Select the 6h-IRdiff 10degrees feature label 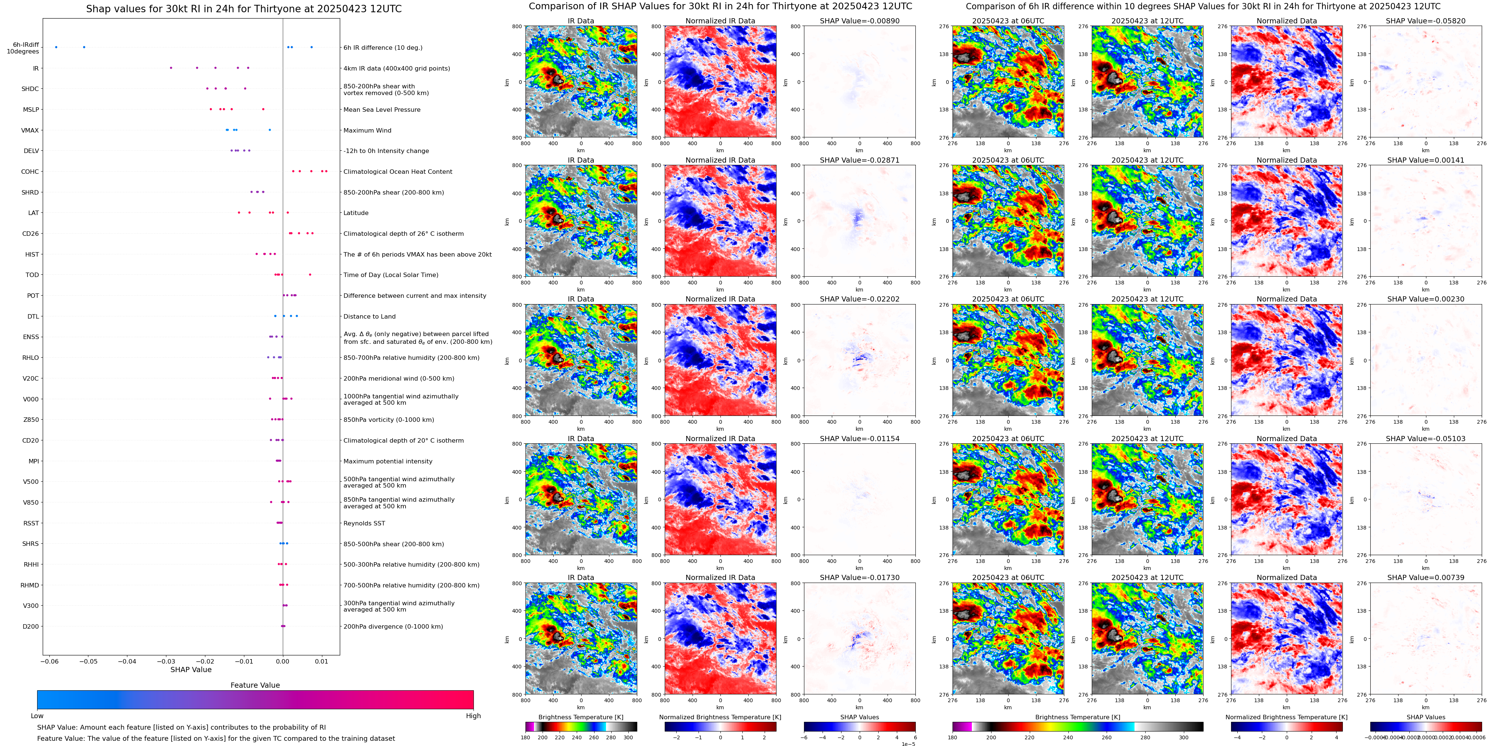pyautogui.click(x=23, y=48)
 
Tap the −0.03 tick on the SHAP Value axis pyautogui.click(x=166, y=661)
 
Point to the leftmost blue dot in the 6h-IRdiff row pyautogui.click(x=56, y=47)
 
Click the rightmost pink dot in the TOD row pyautogui.click(x=310, y=274)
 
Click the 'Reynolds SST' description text pyautogui.click(x=364, y=523)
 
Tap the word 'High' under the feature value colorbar pyautogui.click(x=473, y=716)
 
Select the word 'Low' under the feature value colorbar pyautogui.click(x=37, y=716)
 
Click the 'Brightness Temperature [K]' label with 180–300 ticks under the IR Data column pyautogui.click(x=580, y=717)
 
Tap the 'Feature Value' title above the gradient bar pyautogui.click(x=255, y=685)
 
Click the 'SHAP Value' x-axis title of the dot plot pyautogui.click(x=191, y=670)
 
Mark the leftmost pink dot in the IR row pyautogui.click(x=171, y=68)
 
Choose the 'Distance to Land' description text pyautogui.click(x=369, y=317)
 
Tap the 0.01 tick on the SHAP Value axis pyautogui.click(x=321, y=661)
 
